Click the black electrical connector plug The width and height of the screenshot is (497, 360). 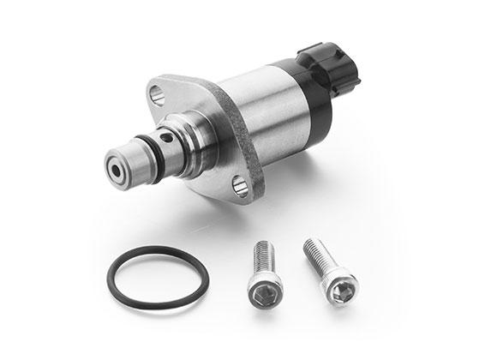pyautogui.click(x=330, y=67)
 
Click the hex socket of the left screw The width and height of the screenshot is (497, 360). pyautogui.click(x=264, y=295)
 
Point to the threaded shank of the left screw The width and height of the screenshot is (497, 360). pyautogui.click(x=261, y=258)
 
